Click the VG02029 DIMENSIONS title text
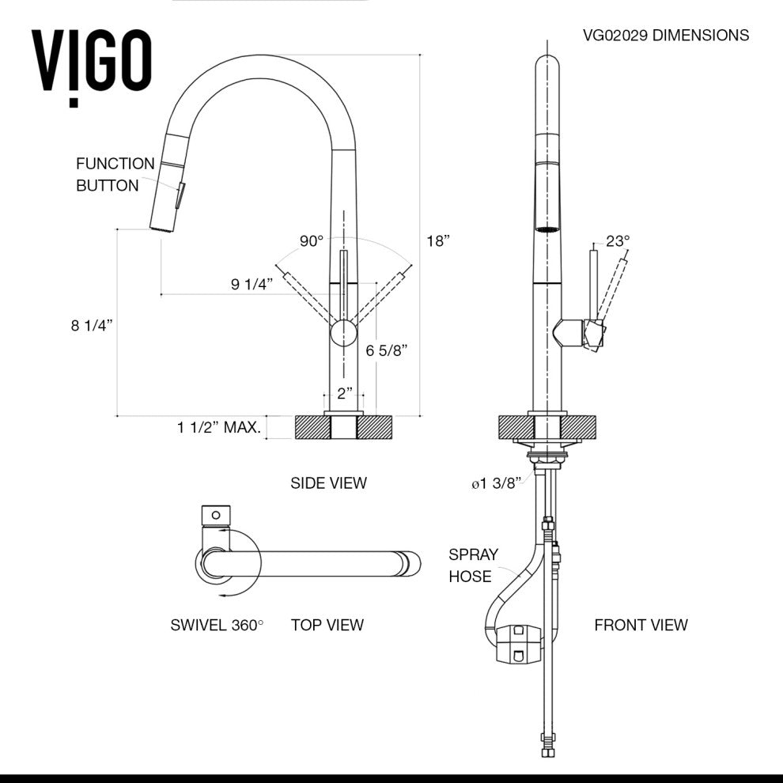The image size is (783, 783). [665, 35]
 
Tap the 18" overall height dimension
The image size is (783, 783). [437, 241]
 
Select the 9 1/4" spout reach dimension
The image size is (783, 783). [252, 285]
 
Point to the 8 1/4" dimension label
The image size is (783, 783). [93, 325]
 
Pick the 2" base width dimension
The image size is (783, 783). [344, 393]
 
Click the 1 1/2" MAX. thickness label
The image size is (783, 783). [219, 428]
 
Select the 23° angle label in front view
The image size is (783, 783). [618, 241]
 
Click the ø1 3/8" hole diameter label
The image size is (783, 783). [496, 484]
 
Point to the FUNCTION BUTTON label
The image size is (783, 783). [115, 175]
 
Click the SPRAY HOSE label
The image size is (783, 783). [470, 565]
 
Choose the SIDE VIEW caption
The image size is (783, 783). [328, 482]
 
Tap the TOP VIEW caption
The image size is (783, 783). [327, 625]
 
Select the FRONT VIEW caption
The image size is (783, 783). [641, 625]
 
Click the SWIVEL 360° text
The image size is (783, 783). [217, 625]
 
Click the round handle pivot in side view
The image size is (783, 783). [344, 332]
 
